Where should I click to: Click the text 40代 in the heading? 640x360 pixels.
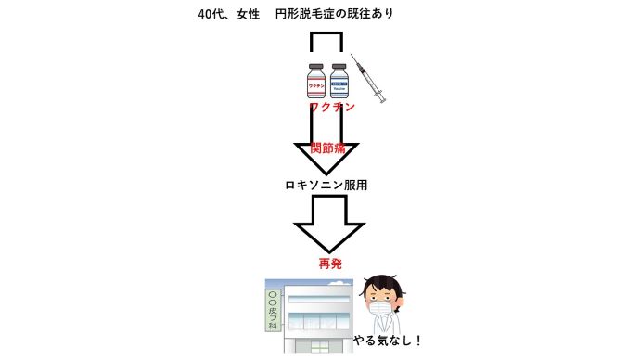(211, 15)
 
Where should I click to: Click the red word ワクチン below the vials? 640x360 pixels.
(331, 109)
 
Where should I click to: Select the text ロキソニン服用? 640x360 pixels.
(326, 185)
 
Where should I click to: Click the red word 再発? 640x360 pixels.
(330, 264)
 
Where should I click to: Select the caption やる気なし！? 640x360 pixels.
(388, 341)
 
